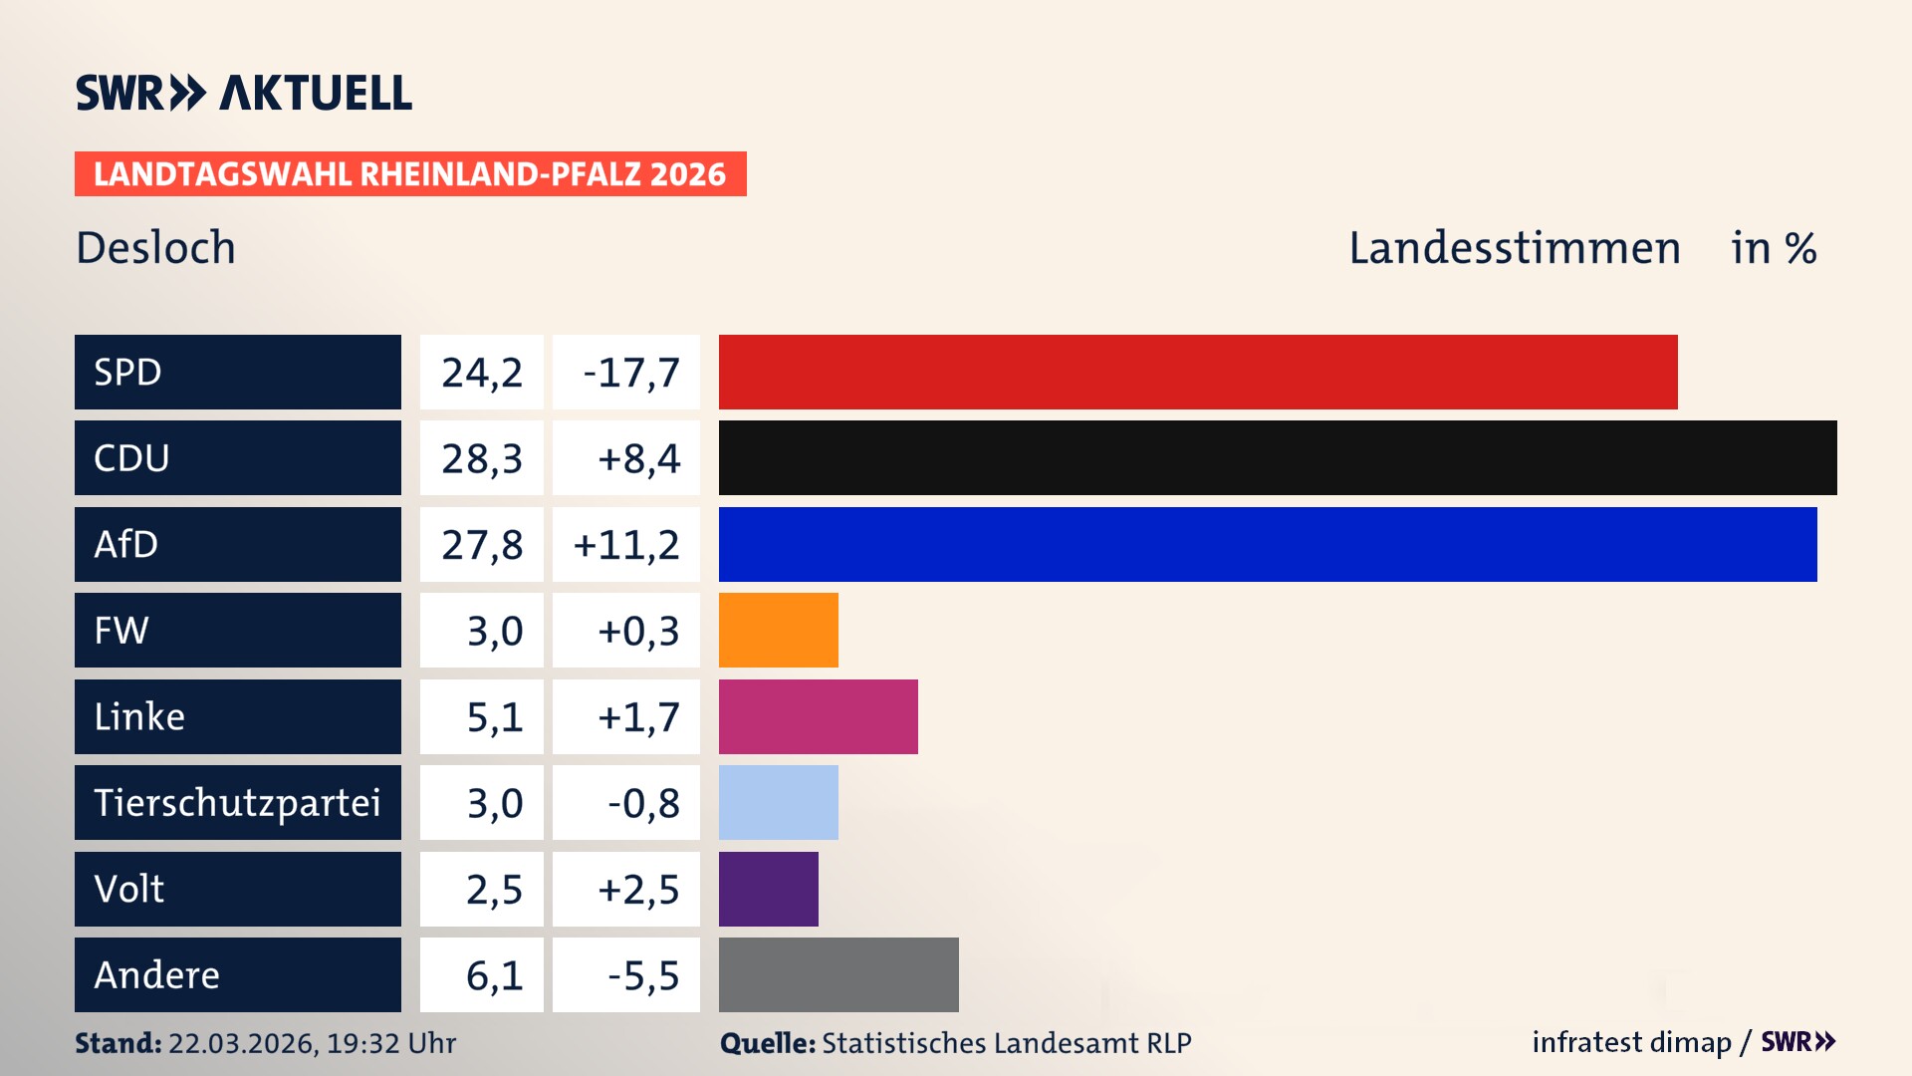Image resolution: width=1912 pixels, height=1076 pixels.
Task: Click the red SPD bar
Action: tap(1198, 372)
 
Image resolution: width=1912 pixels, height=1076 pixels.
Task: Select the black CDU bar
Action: tap(1278, 458)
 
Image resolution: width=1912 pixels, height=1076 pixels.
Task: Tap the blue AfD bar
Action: tap(1268, 544)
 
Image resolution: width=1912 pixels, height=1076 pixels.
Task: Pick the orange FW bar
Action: tap(779, 631)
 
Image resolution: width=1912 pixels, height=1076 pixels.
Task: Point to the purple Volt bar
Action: tap(769, 889)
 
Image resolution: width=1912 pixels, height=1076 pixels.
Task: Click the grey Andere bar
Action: tap(838, 974)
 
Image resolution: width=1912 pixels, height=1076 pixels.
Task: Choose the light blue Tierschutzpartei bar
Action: tap(779, 803)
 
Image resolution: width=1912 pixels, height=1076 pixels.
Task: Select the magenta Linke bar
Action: tap(819, 716)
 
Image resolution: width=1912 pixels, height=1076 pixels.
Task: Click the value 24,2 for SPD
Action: tap(482, 373)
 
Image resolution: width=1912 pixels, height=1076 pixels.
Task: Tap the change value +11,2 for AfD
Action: tap(626, 545)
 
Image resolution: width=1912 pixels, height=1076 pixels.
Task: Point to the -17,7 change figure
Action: tap(631, 373)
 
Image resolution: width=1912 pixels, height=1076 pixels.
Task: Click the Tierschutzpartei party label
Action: tap(237, 803)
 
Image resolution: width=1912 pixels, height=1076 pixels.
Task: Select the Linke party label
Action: tap(139, 716)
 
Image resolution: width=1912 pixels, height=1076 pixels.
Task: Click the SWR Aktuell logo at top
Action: tap(244, 93)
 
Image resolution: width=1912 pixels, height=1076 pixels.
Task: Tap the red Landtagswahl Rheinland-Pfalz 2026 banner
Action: tap(410, 174)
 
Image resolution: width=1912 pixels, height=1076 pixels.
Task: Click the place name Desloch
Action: tap(156, 248)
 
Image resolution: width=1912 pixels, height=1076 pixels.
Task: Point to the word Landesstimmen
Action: tap(1515, 248)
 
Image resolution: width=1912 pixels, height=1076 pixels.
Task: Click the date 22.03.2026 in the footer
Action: tap(242, 1043)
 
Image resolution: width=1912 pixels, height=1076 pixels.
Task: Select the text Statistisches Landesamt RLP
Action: tap(1006, 1043)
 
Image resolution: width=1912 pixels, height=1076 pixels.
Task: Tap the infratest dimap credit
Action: tap(1631, 1042)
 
